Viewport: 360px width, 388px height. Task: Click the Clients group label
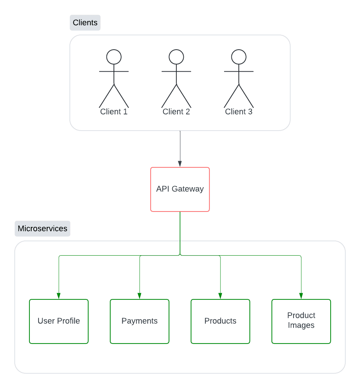click(85, 23)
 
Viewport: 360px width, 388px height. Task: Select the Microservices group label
click(42, 228)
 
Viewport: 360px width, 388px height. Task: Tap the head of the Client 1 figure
click(114, 57)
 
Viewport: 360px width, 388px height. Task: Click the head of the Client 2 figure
click(176, 57)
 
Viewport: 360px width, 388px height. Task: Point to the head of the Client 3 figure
click(239, 57)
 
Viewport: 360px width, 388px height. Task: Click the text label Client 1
click(114, 112)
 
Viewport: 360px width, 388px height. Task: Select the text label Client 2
click(176, 112)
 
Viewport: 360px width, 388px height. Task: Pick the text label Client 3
click(239, 112)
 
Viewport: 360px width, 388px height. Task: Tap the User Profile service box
click(59, 321)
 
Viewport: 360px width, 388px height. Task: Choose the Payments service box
click(140, 321)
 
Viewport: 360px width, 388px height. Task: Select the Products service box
click(220, 321)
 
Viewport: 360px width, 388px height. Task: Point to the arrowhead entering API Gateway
click(180, 164)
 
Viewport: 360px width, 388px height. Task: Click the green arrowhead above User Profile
click(59, 296)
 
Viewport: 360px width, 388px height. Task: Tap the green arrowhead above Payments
click(140, 296)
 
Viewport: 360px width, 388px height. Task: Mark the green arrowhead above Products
click(220, 296)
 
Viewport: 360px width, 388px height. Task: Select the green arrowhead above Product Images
click(301, 296)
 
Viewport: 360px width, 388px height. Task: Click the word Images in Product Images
click(301, 325)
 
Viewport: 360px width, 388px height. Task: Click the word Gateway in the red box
click(189, 189)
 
